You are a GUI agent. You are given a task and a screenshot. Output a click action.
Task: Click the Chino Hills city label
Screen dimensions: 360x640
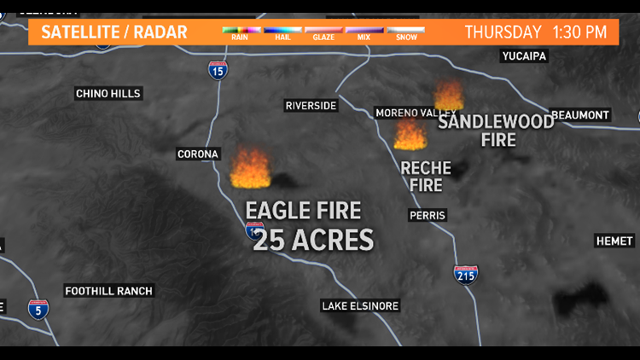pos(108,94)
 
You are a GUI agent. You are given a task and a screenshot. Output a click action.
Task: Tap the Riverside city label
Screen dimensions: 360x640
pos(311,106)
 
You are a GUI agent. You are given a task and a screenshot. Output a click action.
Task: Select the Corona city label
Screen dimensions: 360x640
pos(198,154)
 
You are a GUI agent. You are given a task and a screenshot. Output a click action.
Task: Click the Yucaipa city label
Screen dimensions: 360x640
pos(523,56)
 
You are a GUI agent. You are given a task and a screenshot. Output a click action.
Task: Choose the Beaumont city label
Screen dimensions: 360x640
pos(580,115)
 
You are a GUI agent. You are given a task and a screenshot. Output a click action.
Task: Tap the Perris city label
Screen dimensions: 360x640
pos(427,216)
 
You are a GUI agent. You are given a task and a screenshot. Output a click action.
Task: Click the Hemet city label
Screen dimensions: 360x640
pos(614,241)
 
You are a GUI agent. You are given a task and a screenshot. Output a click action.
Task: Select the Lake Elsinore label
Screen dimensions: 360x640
pos(360,306)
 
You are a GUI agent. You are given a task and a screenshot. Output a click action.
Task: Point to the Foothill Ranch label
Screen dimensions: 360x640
pos(108,291)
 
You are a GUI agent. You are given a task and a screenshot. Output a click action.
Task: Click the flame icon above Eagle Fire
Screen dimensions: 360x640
pos(251,168)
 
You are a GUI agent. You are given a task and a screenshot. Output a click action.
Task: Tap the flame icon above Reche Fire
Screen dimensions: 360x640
pos(410,134)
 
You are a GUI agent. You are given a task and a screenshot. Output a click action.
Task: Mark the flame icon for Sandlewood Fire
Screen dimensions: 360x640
pos(449,96)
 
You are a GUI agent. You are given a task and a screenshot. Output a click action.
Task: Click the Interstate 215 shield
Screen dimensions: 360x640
pos(466,275)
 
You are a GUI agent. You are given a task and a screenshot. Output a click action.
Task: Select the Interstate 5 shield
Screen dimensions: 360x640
pos(38,310)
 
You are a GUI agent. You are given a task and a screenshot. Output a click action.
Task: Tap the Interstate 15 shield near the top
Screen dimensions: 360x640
pos(218,70)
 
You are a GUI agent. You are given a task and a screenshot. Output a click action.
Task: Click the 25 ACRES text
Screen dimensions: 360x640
pos(314,241)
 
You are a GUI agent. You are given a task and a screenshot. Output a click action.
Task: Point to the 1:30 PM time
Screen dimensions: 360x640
pos(579,32)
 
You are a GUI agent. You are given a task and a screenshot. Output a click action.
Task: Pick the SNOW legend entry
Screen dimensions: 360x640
pos(405,33)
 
